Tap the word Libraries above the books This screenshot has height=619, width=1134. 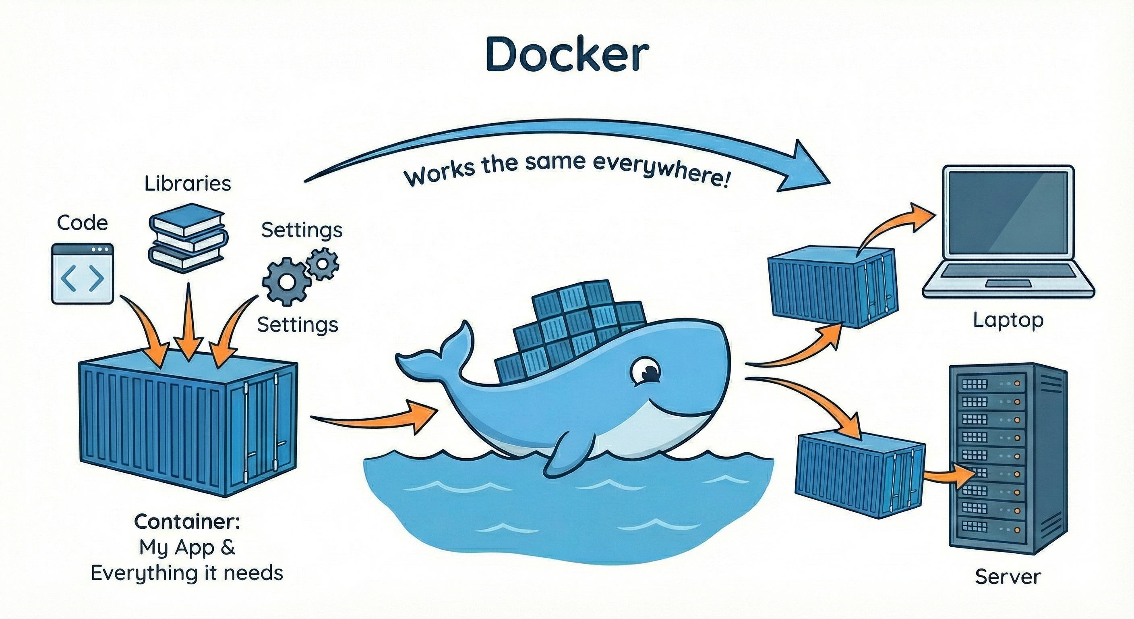[188, 184]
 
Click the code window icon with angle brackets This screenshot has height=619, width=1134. [82, 274]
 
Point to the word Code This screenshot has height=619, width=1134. [82, 223]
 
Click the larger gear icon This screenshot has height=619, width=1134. [286, 281]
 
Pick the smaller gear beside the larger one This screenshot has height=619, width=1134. [323, 264]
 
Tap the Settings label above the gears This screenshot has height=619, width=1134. [302, 231]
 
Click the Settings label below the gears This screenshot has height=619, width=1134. [298, 325]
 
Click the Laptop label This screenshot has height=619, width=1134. [1008, 320]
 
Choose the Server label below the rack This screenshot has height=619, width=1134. [1008, 577]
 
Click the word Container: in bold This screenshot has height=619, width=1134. [187, 522]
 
